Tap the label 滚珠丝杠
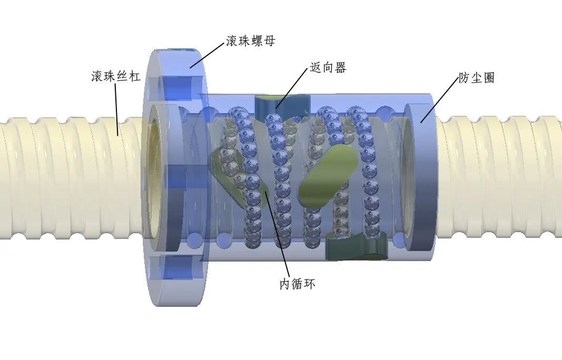coord(116,77)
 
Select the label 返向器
coord(328,68)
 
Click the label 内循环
coord(297,284)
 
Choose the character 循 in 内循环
coord(297,284)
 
